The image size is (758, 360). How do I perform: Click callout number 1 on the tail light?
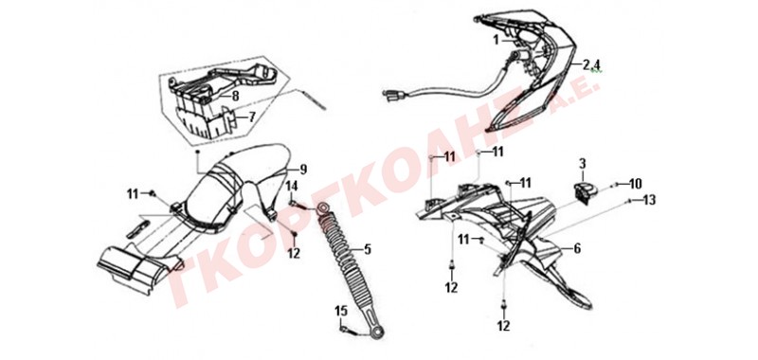[496, 41]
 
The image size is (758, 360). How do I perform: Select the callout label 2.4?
[591, 64]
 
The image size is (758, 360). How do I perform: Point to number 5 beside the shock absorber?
[368, 249]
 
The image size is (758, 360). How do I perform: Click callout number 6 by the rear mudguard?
[577, 248]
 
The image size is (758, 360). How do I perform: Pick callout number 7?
[252, 117]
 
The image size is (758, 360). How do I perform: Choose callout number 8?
[235, 96]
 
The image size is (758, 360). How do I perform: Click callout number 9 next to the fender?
[303, 170]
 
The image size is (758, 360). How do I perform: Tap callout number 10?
[635, 184]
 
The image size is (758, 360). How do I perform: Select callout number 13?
[649, 200]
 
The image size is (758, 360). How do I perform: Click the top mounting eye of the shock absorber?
[322, 208]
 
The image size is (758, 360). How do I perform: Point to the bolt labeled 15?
[349, 331]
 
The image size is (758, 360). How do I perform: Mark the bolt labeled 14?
[298, 205]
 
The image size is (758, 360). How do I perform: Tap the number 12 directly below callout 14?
[295, 252]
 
